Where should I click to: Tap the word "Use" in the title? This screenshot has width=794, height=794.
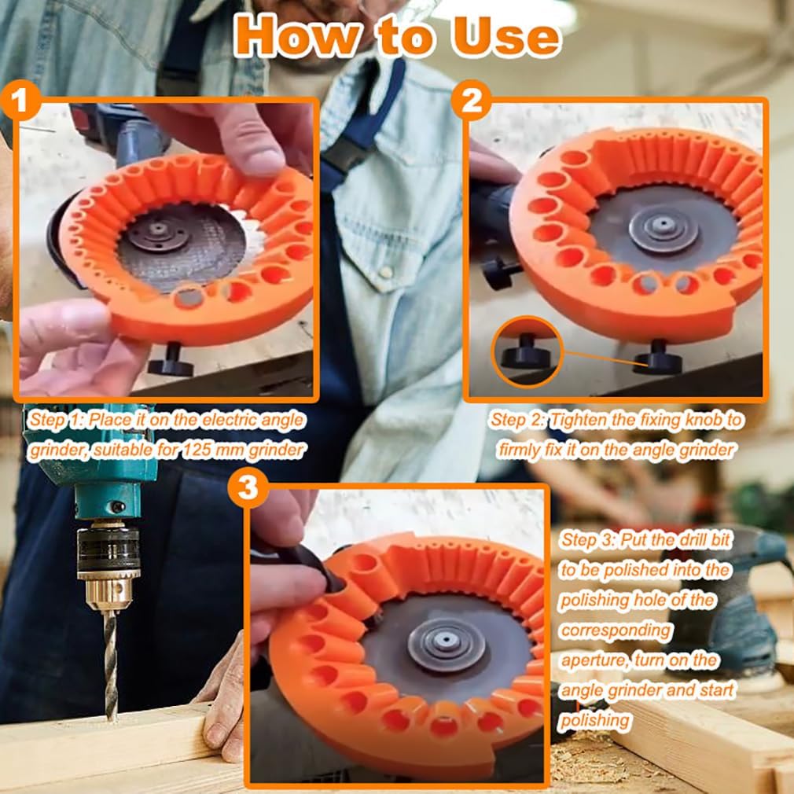(503, 35)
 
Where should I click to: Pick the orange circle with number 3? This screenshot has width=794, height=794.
(248, 489)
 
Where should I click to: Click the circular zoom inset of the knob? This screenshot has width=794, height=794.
(527, 351)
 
